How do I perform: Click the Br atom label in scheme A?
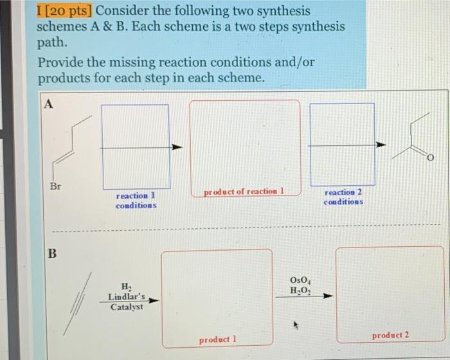point(55,186)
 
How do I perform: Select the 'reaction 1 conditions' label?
point(135,200)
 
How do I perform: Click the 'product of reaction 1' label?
point(244,191)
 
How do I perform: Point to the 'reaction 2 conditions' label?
point(343,196)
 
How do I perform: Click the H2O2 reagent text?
point(300,291)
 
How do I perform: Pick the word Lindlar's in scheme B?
point(126,298)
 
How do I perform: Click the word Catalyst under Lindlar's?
point(126,307)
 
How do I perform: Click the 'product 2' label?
point(390,335)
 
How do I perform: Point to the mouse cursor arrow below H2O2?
point(296,325)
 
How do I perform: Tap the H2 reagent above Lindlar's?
point(126,287)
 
